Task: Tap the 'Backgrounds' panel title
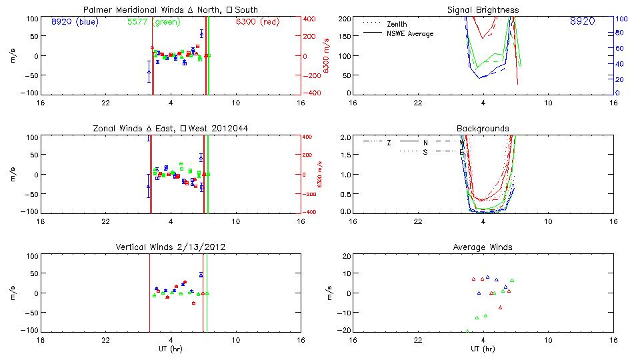(x=483, y=128)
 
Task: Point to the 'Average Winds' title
(x=483, y=247)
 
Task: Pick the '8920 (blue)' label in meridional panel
(x=74, y=21)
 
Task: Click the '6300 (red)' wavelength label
(x=257, y=21)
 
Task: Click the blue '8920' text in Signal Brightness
(x=582, y=21)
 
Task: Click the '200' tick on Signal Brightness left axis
(x=345, y=19)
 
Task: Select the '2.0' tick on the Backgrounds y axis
(x=345, y=137)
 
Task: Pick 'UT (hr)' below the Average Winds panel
(x=483, y=349)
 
